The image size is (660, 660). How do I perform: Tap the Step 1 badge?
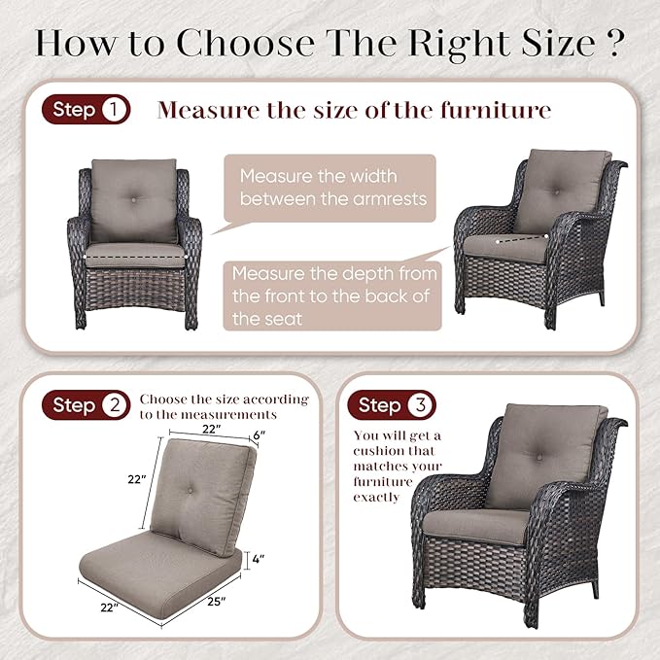87,110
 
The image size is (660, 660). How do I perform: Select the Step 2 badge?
87,405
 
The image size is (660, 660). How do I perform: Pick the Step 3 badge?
392,405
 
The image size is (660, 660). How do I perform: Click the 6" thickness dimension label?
260,434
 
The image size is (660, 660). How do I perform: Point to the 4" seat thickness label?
258,559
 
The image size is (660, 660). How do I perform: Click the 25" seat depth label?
217,602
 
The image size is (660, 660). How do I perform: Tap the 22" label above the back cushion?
212,429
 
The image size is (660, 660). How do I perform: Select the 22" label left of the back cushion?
137,479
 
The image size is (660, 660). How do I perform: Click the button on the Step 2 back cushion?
190,490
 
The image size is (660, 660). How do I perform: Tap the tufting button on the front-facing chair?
134,200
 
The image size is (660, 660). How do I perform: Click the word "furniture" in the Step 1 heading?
496,110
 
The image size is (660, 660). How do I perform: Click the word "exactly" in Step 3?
376,497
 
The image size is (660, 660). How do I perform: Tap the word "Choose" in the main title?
245,43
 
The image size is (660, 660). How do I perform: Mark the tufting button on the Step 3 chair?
539,457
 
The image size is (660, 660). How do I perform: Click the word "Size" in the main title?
559,43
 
